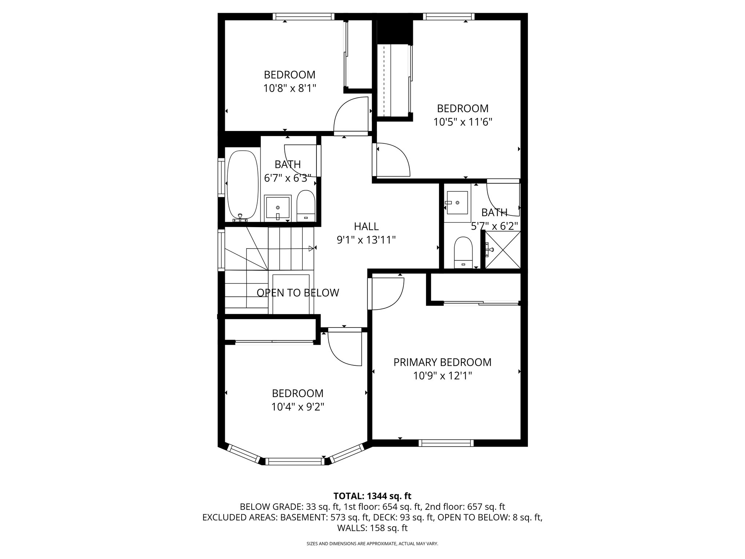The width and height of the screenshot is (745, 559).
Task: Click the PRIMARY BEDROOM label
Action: click(x=442, y=362)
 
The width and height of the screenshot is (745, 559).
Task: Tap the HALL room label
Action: click(x=366, y=226)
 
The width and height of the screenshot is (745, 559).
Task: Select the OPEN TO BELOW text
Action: click(x=298, y=293)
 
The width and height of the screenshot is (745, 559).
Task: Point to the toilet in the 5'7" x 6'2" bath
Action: click(x=463, y=252)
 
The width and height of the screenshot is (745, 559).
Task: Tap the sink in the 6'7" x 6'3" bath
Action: click(x=278, y=208)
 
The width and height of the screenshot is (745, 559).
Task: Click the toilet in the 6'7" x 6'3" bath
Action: click(x=306, y=206)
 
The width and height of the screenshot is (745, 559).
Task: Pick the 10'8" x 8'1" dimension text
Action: click(x=290, y=88)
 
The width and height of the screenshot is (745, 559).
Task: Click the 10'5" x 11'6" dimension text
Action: click(x=463, y=122)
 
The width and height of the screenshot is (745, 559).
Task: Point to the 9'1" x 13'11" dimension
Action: click(x=366, y=240)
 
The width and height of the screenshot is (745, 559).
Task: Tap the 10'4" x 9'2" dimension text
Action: click(x=298, y=407)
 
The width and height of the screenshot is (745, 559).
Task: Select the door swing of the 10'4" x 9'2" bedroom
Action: click(x=344, y=348)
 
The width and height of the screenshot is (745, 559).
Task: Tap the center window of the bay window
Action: click(x=294, y=461)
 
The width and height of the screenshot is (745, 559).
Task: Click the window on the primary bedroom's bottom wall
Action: click(x=446, y=443)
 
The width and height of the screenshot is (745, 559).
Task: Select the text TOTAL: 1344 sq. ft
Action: click(x=372, y=496)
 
